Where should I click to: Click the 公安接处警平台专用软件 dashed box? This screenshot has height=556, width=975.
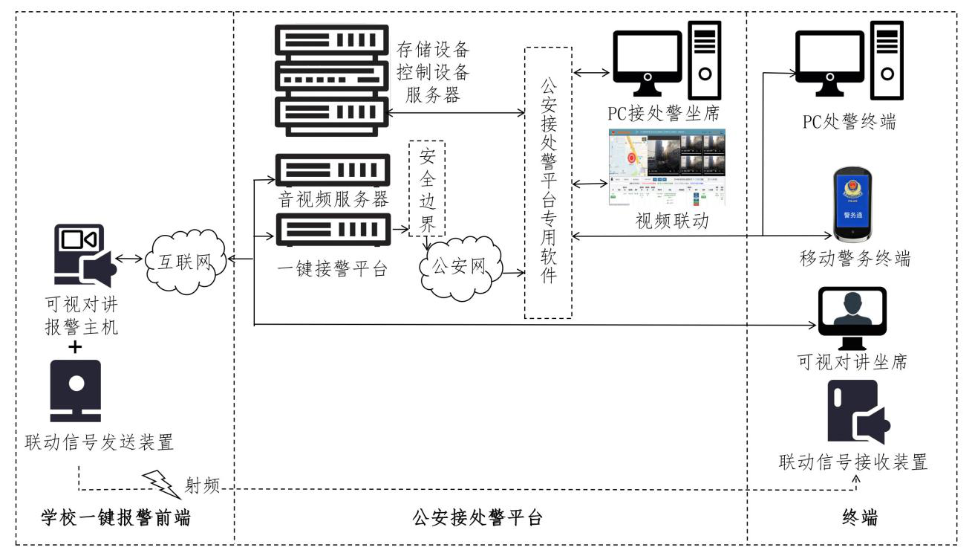pos(548,182)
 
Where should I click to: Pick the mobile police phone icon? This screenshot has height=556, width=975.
pos(852,204)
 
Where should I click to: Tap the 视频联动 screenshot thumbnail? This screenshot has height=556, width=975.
pos(666,168)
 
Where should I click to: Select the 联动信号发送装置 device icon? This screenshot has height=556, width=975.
pos(76,389)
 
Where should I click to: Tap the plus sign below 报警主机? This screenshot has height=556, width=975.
pos(76,347)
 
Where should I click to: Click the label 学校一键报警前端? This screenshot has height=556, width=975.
pos(114,518)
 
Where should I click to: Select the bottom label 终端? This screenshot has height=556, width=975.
pos(861,518)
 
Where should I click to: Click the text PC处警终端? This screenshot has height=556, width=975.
pos(848,120)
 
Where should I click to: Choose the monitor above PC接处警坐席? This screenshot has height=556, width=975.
pos(647,64)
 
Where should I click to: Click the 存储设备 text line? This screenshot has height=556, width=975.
pos(434,51)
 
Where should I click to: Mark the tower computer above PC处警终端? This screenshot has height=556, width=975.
pos(887,61)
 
